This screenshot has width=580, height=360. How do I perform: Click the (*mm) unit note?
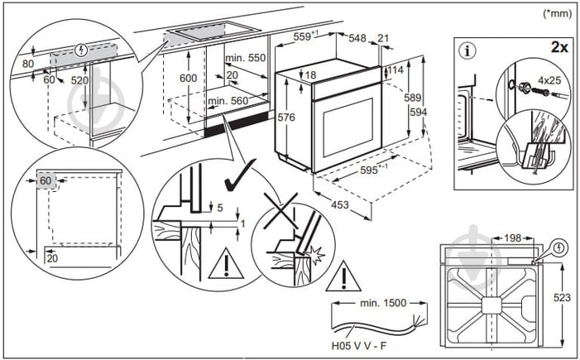pyautogui.click(x=558, y=13)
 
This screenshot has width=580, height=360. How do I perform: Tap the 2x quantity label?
pyautogui.click(x=560, y=48)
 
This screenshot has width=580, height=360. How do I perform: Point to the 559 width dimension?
pyautogui.click(x=306, y=37)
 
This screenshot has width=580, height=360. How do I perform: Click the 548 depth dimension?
pyautogui.click(x=357, y=38)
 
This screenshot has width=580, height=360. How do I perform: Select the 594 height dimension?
pyautogui.click(x=420, y=113)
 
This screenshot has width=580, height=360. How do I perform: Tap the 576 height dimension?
pyautogui.click(x=286, y=118)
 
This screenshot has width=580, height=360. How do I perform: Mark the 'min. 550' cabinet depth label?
pyautogui.click(x=244, y=59)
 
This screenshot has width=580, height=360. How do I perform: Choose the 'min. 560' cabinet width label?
pyautogui.click(x=228, y=101)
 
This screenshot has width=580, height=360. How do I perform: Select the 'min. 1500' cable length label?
pyautogui.click(x=384, y=303)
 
